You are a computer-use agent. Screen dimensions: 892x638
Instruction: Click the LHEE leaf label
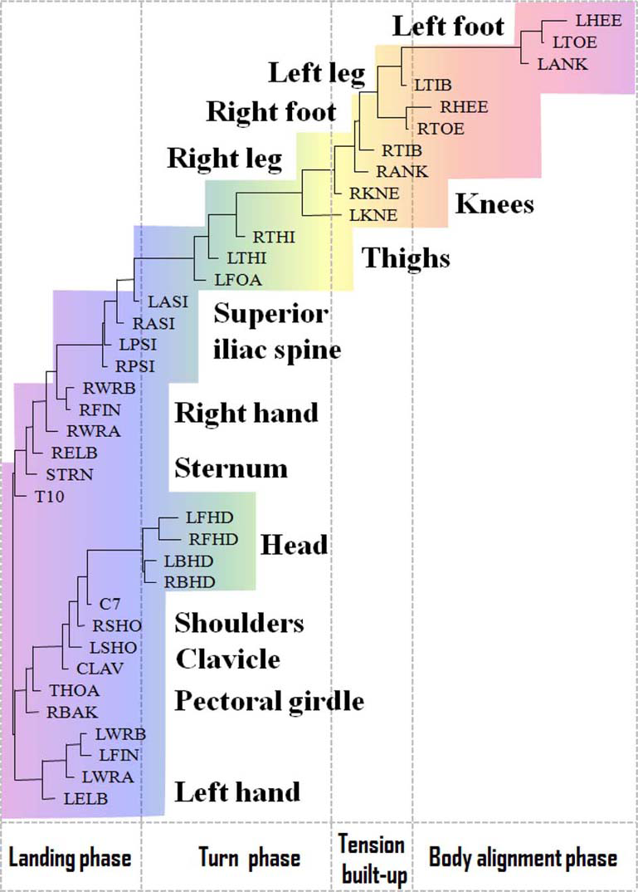(592, 21)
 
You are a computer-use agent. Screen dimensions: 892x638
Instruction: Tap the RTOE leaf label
(441, 129)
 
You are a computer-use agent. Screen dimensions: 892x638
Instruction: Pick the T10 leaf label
(42, 496)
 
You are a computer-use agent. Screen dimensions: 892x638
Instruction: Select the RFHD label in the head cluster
(213, 540)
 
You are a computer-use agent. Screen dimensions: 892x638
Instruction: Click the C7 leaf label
(110, 604)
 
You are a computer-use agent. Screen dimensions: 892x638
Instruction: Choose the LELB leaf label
(85, 798)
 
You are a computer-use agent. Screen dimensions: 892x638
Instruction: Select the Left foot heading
(448, 27)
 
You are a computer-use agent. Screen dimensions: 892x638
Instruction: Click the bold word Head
(294, 545)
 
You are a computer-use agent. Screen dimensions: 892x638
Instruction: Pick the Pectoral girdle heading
(269, 701)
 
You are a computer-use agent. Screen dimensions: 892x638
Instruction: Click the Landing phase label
(70, 857)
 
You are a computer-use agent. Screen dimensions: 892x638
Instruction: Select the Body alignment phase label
(523, 857)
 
